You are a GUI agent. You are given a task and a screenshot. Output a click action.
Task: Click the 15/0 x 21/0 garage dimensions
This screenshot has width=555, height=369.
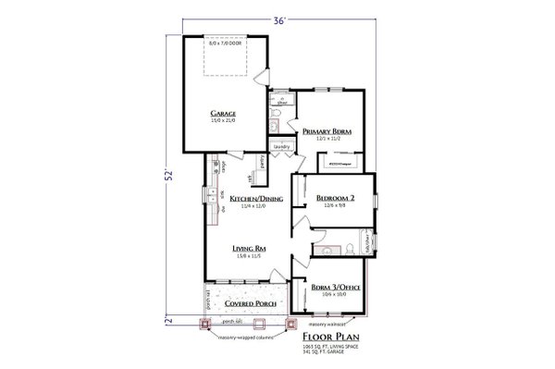225,120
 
